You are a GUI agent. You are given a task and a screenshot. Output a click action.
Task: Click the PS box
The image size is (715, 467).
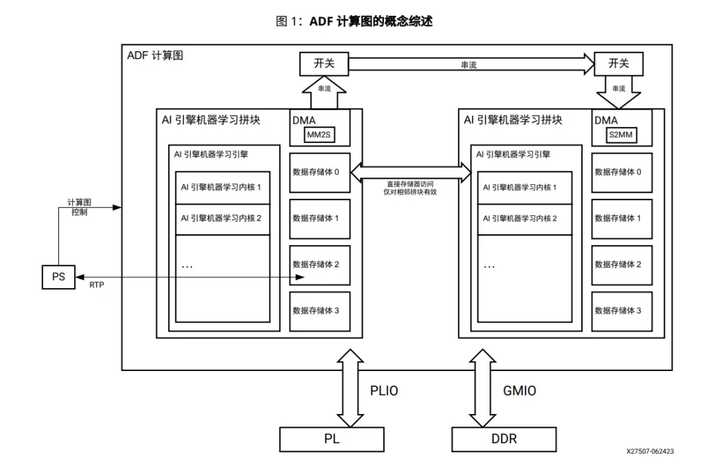pyautogui.click(x=59, y=277)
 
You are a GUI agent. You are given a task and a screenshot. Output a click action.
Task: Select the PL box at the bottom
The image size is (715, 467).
pyautogui.click(x=332, y=439)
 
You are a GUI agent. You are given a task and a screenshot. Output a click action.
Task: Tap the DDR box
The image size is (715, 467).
pyautogui.click(x=504, y=439)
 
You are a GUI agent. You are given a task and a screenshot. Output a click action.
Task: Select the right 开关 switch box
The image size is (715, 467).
pyautogui.click(x=618, y=64)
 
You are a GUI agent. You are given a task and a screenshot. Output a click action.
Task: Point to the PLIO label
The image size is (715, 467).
pyautogui.click(x=384, y=391)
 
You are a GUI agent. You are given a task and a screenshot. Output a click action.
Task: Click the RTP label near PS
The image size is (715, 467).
pyautogui.click(x=97, y=285)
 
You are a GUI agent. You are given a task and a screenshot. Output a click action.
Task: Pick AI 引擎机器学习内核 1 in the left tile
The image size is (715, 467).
pyautogui.click(x=221, y=187)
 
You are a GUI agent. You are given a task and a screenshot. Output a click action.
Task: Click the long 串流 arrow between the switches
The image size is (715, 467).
pyautogui.click(x=470, y=64)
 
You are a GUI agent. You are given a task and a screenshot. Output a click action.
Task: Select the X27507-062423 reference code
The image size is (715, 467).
pyautogui.click(x=650, y=452)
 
